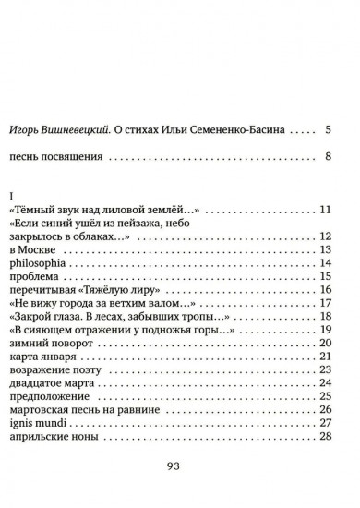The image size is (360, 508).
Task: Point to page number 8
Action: coord(328,157)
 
